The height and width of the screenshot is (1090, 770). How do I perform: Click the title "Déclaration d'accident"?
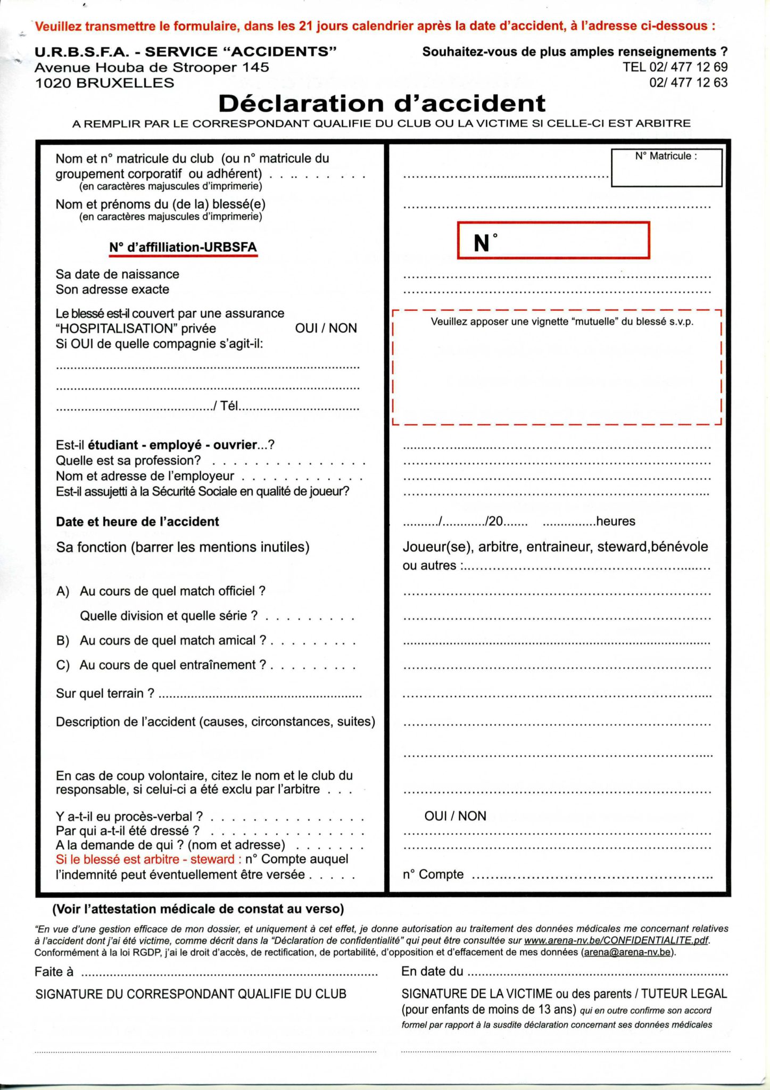[382, 103]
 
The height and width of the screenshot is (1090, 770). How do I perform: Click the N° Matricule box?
[666, 168]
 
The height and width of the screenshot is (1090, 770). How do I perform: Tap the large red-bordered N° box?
[553, 241]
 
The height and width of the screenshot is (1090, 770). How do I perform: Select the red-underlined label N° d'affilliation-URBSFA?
[183, 247]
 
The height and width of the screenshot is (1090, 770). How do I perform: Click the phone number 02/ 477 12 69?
[675, 67]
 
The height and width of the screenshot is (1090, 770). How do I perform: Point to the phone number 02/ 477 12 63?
[688, 82]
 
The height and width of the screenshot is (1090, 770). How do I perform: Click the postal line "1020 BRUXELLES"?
[104, 83]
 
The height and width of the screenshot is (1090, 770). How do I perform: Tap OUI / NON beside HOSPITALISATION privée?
[326, 328]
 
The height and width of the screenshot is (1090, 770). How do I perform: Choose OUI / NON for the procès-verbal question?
[455, 816]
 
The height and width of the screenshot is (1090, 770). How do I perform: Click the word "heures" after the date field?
[616, 521]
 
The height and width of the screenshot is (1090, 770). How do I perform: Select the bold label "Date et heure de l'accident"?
[137, 522]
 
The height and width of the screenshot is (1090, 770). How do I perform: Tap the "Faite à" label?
[54, 972]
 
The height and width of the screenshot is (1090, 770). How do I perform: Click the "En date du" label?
[432, 971]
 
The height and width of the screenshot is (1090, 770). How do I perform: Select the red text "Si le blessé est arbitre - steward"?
[148, 859]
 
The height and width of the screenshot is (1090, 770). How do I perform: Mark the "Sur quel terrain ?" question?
[105, 693]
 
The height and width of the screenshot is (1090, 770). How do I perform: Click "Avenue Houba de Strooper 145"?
[152, 68]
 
